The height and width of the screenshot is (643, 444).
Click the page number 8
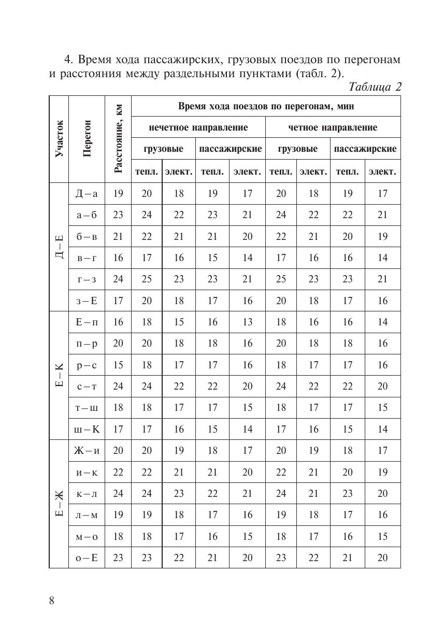point(52,601)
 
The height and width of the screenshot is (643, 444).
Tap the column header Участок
point(59,139)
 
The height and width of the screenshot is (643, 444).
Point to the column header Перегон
point(87,139)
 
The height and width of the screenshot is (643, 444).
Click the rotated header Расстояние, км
point(118,139)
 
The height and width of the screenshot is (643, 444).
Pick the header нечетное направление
point(198,127)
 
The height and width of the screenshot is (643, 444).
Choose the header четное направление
point(333,127)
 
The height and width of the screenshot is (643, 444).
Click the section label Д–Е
point(59,247)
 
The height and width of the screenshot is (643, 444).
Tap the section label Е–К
point(59,375)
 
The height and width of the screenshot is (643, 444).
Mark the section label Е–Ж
point(59,504)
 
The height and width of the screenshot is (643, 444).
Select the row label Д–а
point(87,193)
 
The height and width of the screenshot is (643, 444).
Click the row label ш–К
point(87,429)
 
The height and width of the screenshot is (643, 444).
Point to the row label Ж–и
point(87,451)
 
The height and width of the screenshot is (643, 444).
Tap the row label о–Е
point(87,558)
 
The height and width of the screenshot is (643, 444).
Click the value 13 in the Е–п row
point(247,322)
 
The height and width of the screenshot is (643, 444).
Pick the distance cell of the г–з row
point(118,279)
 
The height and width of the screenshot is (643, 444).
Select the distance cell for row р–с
point(118,365)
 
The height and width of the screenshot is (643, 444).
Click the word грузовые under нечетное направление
point(163,149)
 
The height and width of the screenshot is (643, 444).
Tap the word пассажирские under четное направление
point(365,149)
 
